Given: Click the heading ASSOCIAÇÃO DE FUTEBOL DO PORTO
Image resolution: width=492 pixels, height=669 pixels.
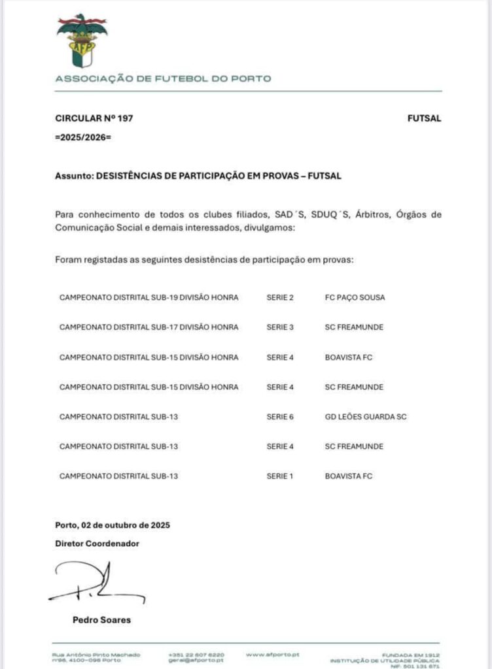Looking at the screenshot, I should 163,79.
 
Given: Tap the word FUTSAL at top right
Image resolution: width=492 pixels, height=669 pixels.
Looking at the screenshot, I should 424,118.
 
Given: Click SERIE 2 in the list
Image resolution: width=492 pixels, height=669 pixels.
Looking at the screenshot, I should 280,297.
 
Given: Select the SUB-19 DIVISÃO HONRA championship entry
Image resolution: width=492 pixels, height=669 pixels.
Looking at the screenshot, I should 149,297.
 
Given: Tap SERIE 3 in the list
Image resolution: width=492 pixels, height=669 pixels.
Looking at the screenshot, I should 280,327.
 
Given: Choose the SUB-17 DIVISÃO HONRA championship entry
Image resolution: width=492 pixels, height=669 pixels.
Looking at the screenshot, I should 149,327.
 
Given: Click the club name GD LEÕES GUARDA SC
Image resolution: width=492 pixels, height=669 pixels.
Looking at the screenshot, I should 366,416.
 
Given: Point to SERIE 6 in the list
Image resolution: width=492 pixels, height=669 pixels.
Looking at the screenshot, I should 280,416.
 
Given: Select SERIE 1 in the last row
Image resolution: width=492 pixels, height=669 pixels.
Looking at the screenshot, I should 280,476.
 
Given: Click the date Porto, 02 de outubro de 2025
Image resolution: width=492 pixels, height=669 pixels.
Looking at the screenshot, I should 113,525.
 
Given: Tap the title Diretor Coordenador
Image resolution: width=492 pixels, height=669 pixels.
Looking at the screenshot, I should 97,543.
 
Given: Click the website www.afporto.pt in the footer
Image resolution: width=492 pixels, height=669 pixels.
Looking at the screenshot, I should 273,654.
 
